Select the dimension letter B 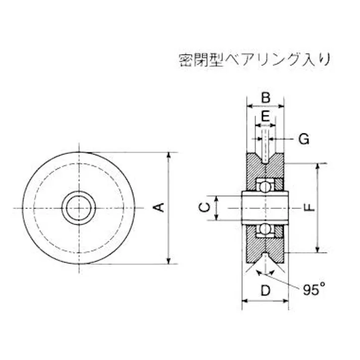(266, 97)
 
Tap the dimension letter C (203, 207)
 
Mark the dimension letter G (303, 139)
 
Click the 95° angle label (315, 289)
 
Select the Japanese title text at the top (254, 60)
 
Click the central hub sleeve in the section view (265, 208)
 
